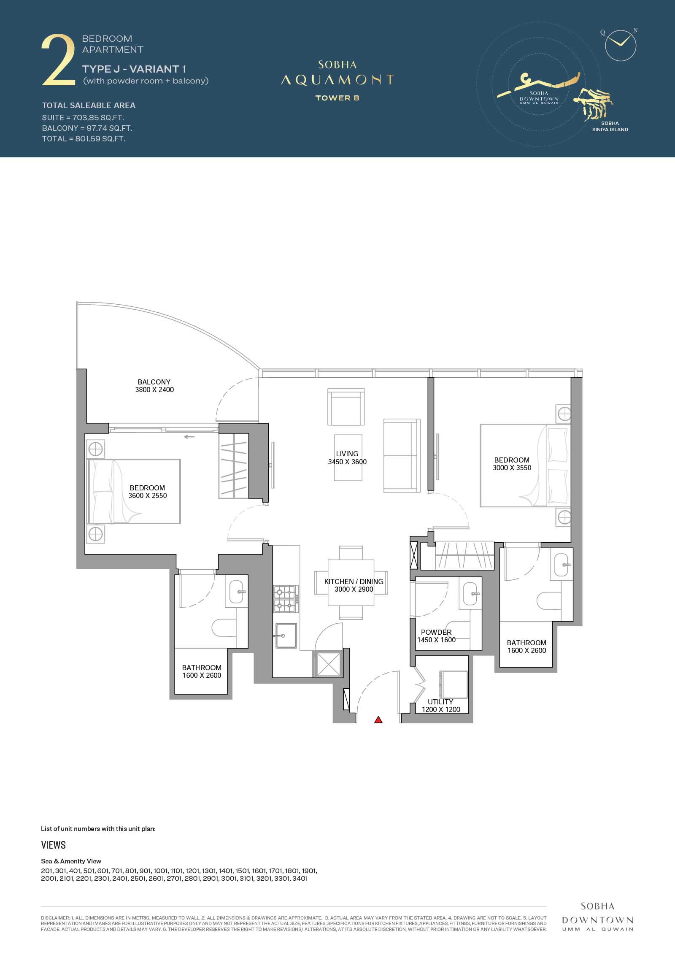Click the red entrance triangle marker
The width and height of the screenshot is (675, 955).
378,720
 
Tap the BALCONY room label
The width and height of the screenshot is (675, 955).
154,382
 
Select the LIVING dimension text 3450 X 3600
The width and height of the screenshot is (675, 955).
347,462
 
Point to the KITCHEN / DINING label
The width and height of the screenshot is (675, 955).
354,582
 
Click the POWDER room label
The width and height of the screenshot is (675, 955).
436,632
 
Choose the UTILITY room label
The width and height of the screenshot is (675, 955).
440,702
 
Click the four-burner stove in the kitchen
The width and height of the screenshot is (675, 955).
286,599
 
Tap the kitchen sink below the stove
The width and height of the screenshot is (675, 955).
286,635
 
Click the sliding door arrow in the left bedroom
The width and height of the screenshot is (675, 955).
189,437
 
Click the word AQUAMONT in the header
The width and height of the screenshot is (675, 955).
337,80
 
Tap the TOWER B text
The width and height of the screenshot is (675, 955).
337,98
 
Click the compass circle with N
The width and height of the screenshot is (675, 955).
620,45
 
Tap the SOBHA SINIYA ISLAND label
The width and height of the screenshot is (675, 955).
610,127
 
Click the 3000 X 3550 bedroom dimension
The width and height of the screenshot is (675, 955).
512,468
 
